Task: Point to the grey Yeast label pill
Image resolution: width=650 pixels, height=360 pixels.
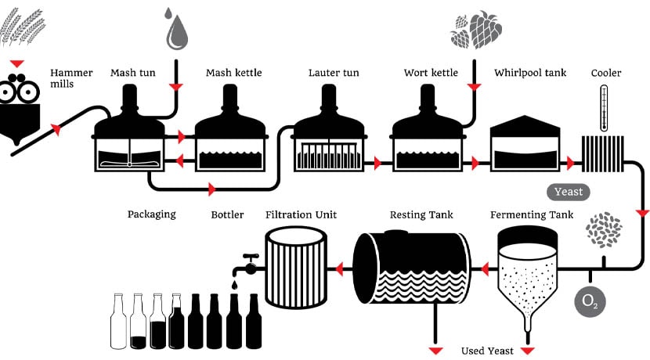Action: pyautogui.click(x=569, y=192)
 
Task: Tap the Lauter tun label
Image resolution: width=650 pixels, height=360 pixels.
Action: pyautogui.click(x=334, y=74)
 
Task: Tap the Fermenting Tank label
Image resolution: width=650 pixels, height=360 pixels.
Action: pyautogui.click(x=532, y=214)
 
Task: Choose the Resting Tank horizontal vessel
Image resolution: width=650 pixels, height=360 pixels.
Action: pyautogui.click(x=410, y=267)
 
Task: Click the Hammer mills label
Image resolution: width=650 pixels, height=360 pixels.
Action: pyautogui.click(x=71, y=78)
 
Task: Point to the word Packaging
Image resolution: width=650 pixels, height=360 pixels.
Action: pyautogui.click(x=151, y=214)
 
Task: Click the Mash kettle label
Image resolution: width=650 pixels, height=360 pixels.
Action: pyautogui.click(x=233, y=74)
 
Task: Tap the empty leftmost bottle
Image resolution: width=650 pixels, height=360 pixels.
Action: pyautogui.click(x=118, y=321)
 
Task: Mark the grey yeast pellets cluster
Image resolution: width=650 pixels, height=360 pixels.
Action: pyautogui.click(x=605, y=229)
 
